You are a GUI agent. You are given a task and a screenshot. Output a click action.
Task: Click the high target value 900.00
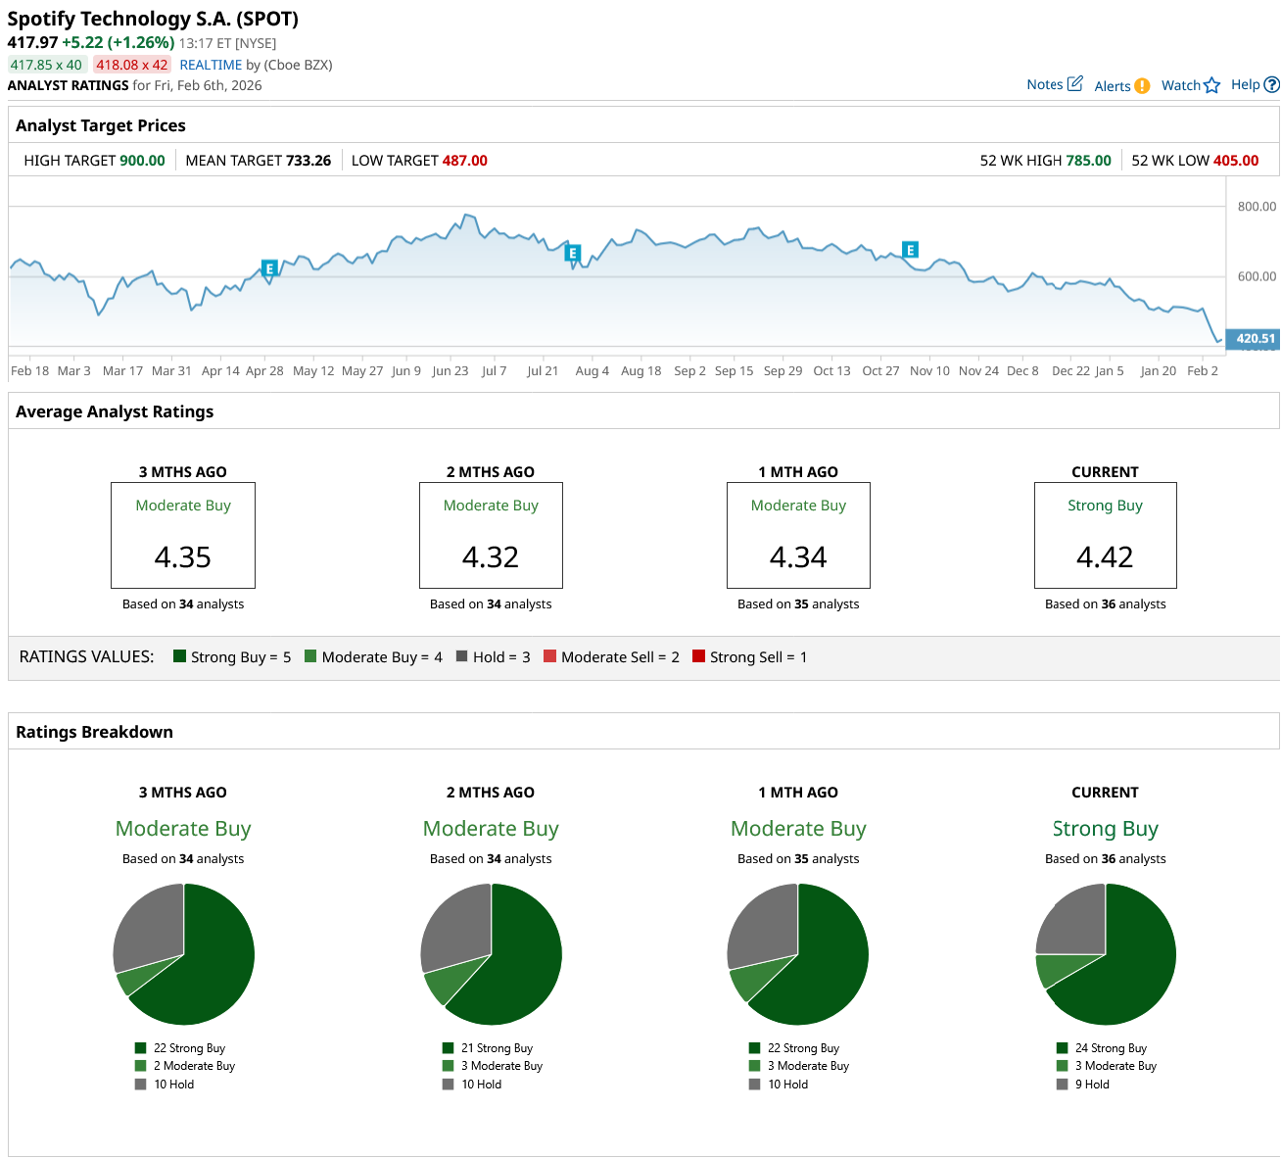click(x=142, y=161)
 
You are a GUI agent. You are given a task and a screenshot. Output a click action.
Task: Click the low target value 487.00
click(x=464, y=161)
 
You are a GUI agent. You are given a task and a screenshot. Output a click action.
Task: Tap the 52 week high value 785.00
click(x=1088, y=161)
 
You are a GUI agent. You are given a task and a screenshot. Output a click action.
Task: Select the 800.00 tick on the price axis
click(x=1257, y=207)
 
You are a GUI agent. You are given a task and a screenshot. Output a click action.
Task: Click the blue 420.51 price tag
click(x=1255, y=339)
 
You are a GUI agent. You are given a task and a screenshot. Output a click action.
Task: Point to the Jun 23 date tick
click(x=451, y=371)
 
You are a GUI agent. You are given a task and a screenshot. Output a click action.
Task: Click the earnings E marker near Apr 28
click(x=269, y=268)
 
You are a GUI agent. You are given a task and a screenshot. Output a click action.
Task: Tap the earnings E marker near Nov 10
click(x=910, y=250)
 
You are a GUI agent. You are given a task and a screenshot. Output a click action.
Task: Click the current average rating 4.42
click(x=1105, y=557)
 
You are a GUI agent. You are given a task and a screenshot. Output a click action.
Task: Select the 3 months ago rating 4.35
click(x=183, y=557)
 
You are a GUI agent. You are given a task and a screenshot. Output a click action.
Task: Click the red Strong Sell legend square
click(x=698, y=656)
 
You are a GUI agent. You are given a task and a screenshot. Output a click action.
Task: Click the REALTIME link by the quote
click(x=211, y=65)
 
